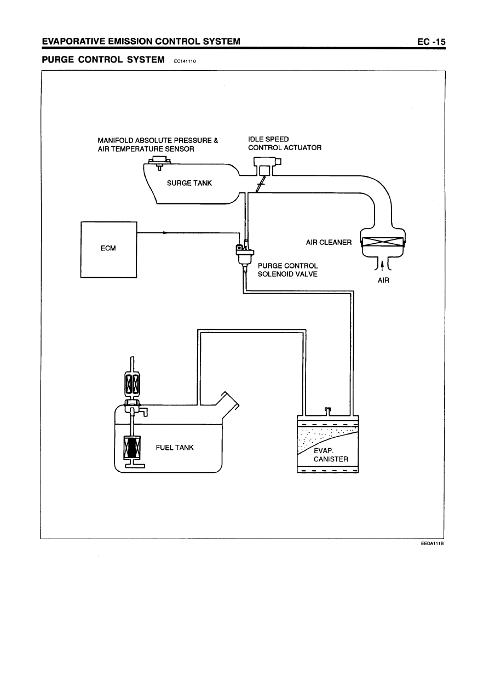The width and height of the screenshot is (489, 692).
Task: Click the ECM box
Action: coord(108,249)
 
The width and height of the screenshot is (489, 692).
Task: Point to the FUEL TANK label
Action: coord(175,447)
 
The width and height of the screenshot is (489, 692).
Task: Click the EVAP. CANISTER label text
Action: coord(331,455)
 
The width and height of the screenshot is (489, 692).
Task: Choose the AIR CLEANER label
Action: coord(329,242)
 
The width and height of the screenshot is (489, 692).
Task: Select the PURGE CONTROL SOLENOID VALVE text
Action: coord(287,270)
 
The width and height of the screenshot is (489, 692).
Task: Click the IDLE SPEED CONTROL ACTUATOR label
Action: coord(284,143)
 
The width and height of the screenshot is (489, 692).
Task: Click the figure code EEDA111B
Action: coord(428,544)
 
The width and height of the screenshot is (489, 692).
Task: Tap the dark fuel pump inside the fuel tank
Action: coord(132,447)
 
